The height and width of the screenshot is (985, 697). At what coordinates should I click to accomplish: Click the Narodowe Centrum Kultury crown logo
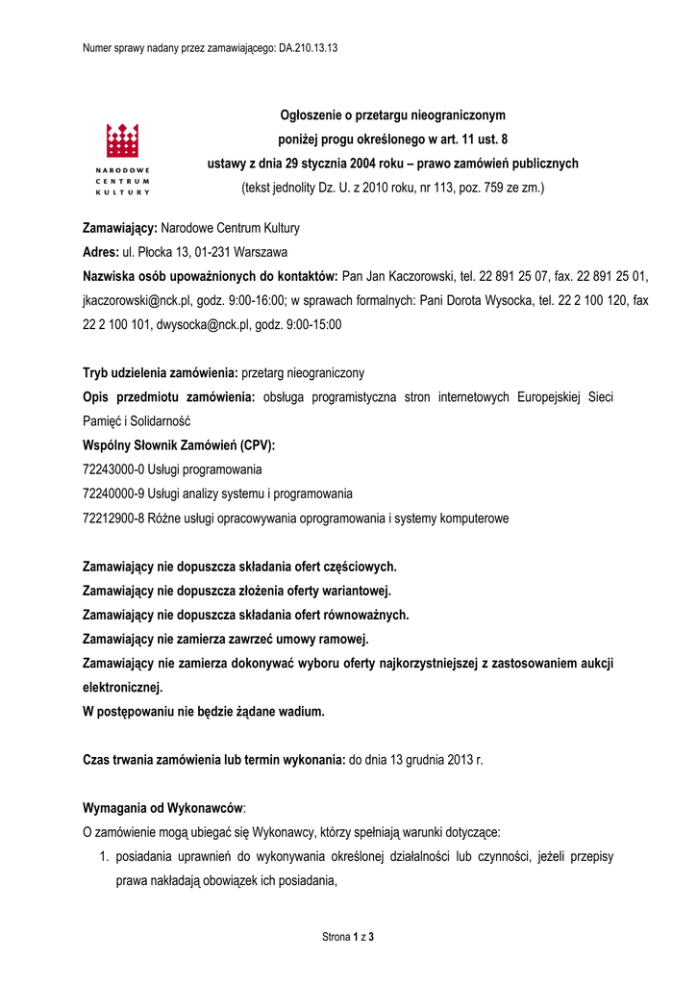[123, 142]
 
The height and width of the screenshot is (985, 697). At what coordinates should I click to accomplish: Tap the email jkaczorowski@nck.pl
[141, 300]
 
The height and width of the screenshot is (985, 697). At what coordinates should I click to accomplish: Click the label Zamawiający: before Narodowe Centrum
[120, 228]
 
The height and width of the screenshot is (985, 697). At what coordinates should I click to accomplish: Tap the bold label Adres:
[100, 252]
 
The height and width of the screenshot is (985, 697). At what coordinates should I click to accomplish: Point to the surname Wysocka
[500, 300]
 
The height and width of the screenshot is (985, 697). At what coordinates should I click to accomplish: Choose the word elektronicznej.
[123, 687]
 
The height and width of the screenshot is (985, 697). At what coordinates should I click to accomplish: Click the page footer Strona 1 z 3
[347, 937]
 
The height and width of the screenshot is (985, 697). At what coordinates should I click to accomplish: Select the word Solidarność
[161, 421]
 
